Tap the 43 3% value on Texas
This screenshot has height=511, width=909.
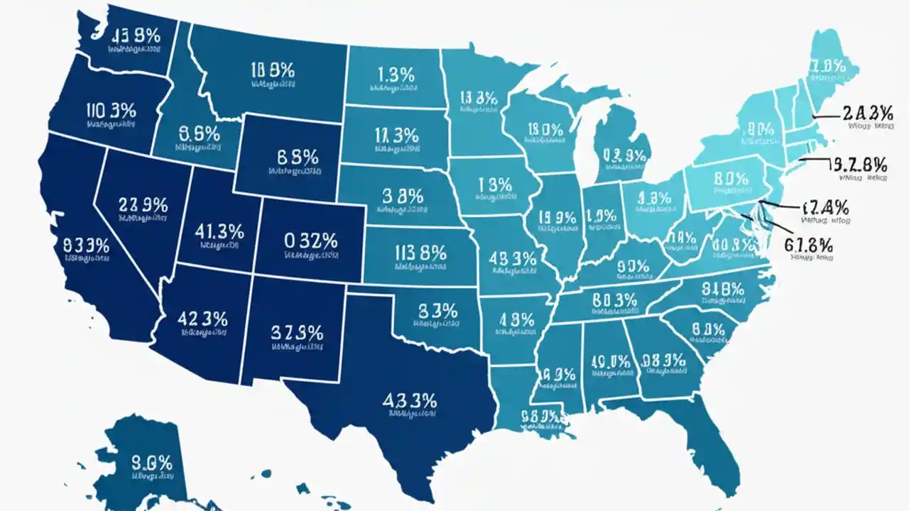pyautogui.click(x=409, y=400)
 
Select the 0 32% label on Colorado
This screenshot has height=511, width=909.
pyautogui.click(x=310, y=240)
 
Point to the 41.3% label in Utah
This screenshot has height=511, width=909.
pyautogui.click(x=219, y=231)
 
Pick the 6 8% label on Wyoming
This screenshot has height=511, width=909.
pyautogui.click(x=294, y=157)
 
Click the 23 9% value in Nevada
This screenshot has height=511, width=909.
pyautogui.click(x=143, y=206)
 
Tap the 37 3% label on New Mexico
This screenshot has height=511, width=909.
pyautogui.click(x=297, y=332)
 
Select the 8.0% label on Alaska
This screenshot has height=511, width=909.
pyautogui.click(x=152, y=463)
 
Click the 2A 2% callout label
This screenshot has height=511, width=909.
pyautogui.click(x=866, y=112)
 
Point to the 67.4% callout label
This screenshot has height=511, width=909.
pyautogui.click(x=824, y=207)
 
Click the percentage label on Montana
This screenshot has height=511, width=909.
pyautogui.click(x=272, y=69)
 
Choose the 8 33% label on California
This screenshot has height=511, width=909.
pyautogui.click(x=87, y=246)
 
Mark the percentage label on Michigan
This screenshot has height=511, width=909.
pyautogui.click(x=624, y=155)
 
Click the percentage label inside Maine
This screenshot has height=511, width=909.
pyautogui.click(x=827, y=67)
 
